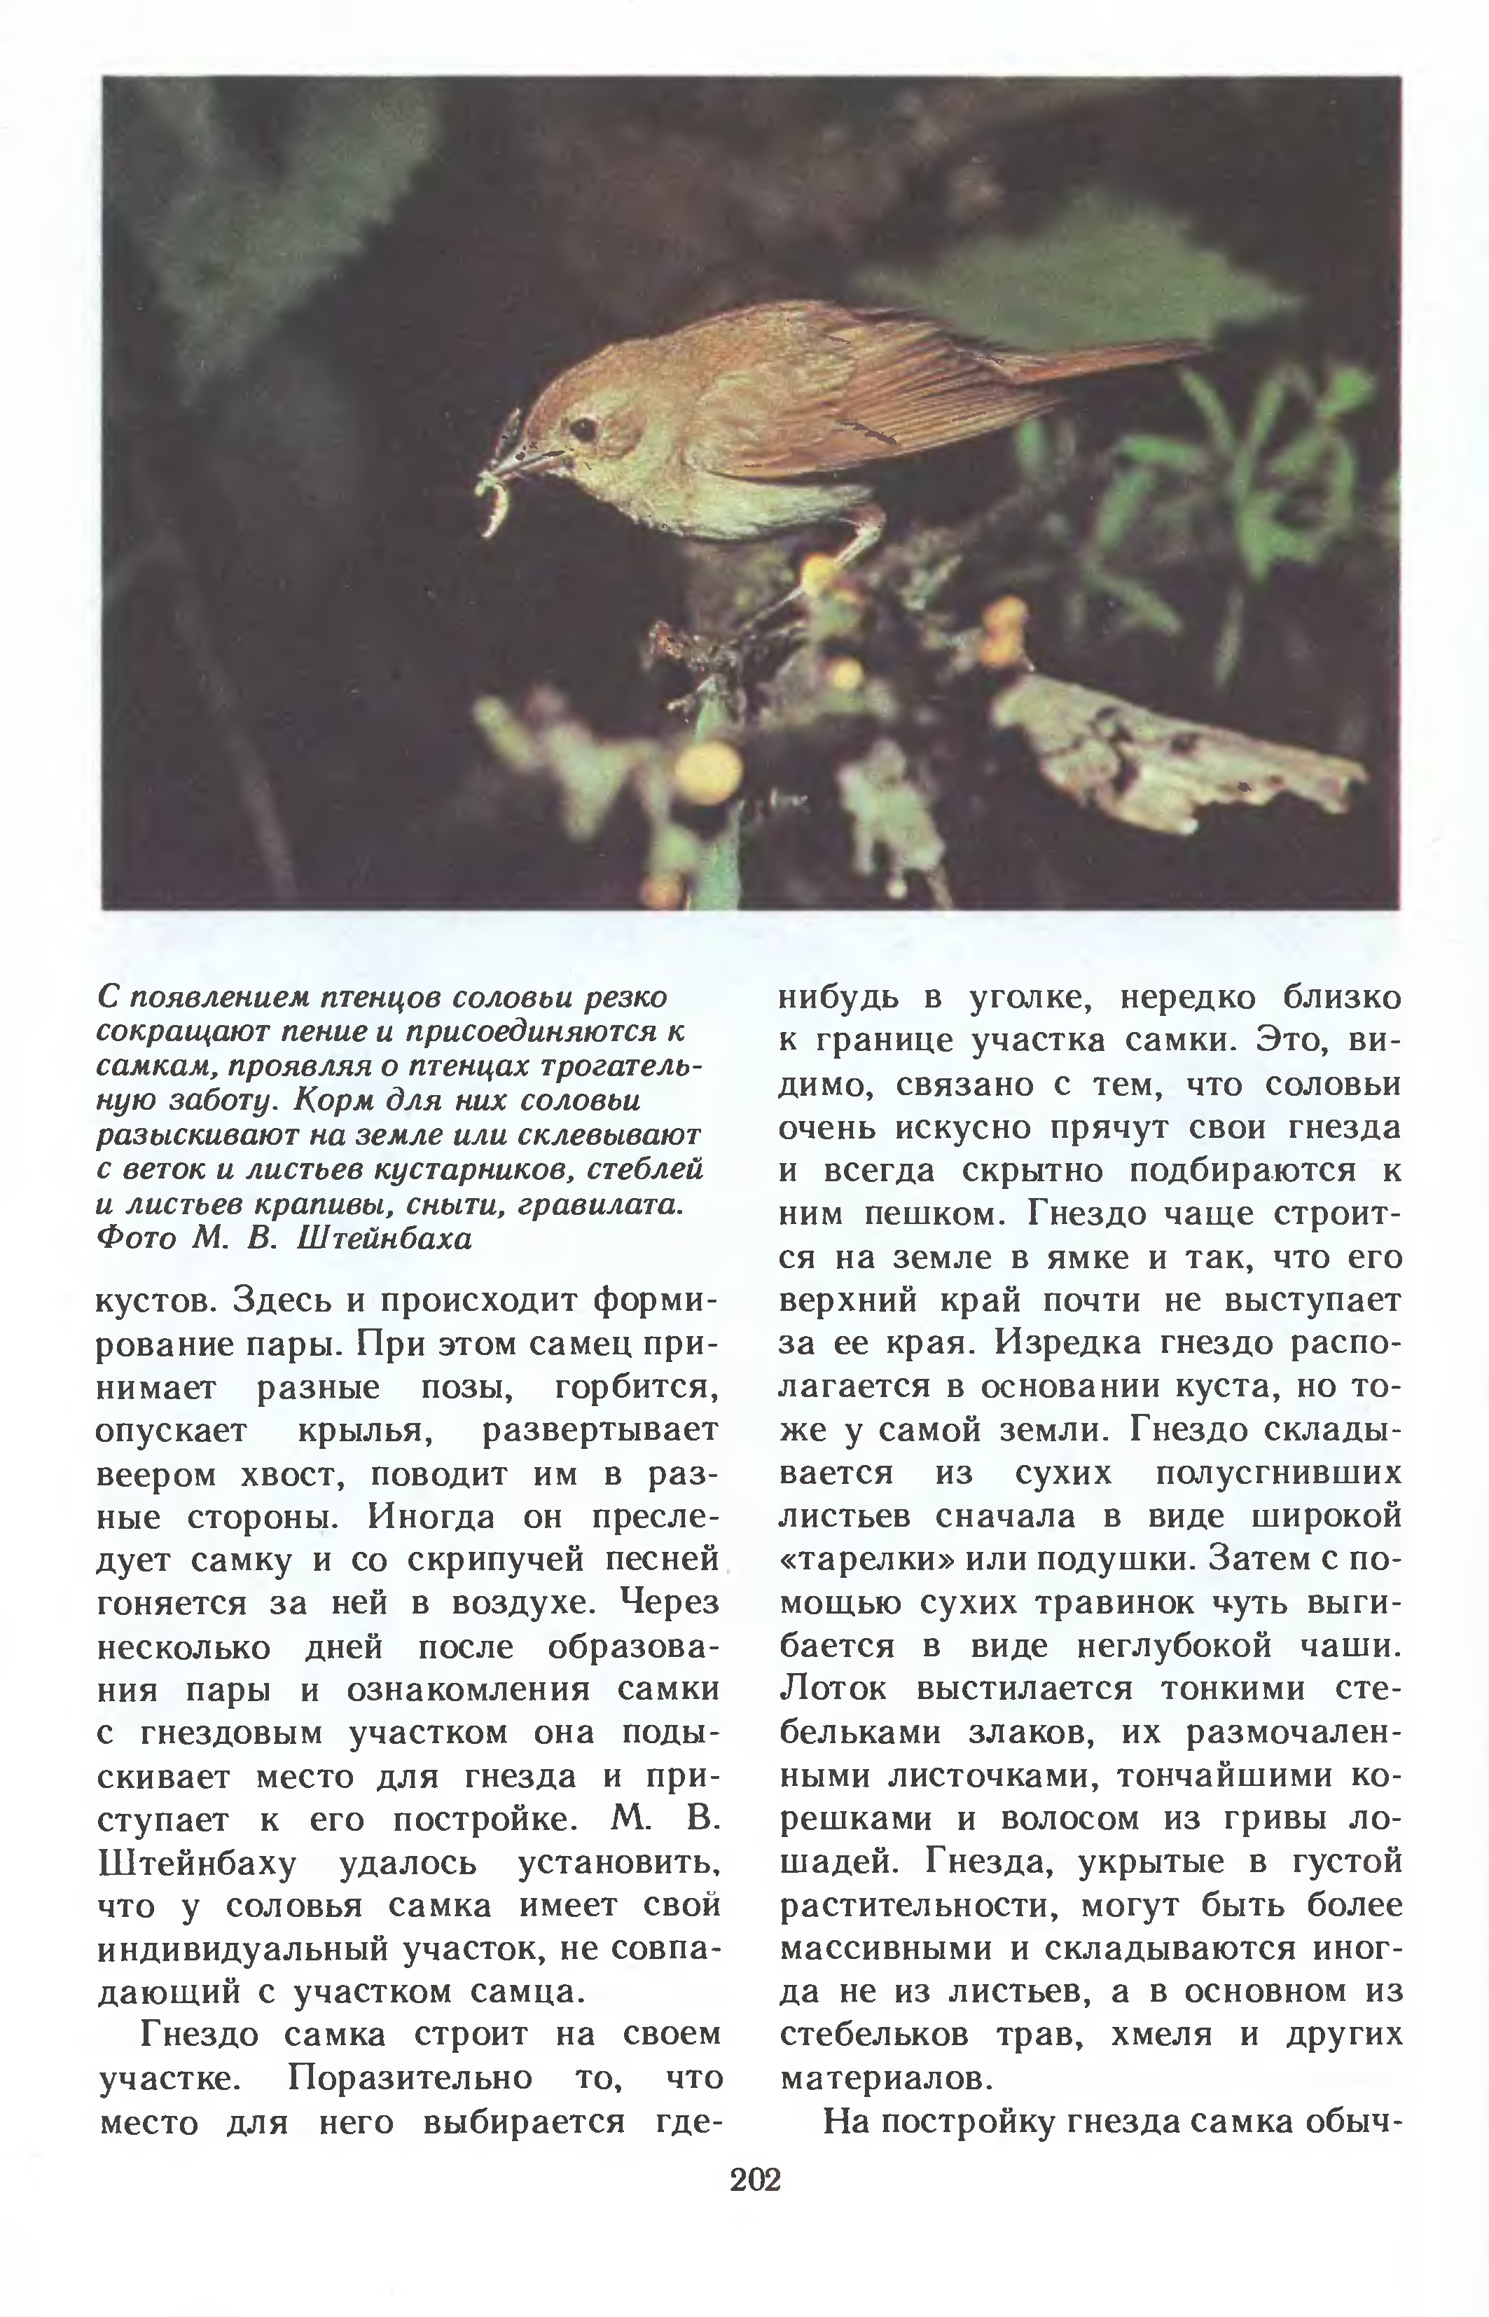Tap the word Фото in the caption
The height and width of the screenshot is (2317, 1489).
coord(137,1239)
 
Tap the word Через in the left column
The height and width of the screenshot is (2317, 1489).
coord(672,1603)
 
